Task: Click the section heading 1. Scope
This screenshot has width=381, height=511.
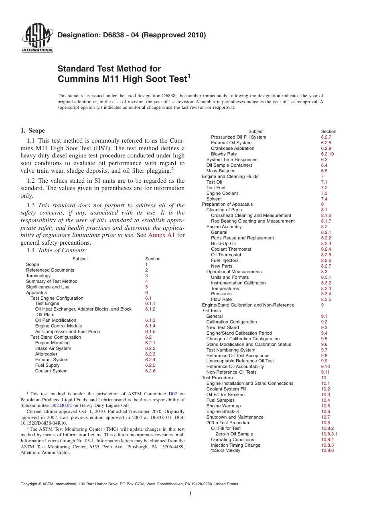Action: click(x=32, y=131)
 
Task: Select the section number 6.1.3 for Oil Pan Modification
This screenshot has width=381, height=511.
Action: click(x=150, y=321)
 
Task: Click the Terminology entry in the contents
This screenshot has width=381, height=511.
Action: click(x=38, y=276)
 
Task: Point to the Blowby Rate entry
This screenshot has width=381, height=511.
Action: click(x=224, y=154)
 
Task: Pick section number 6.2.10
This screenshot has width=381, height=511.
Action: click(x=327, y=154)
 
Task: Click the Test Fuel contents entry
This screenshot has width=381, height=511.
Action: click(x=216, y=188)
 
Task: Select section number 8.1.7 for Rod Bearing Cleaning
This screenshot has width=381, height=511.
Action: click(x=326, y=221)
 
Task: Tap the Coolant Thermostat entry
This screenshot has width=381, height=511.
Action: click(x=231, y=249)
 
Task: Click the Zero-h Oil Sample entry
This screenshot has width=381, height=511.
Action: click(x=234, y=434)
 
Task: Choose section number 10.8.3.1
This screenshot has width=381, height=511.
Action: click(x=329, y=434)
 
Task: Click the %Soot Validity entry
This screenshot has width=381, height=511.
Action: click(x=226, y=451)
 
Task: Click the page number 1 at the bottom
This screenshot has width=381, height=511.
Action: click(x=190, y=494)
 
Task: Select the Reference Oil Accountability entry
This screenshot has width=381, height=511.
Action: click(x=235, y=366)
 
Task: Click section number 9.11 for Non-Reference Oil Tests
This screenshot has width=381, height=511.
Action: click(x=325, y=372)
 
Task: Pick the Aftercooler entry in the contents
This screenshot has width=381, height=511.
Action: click(x=46, y=354)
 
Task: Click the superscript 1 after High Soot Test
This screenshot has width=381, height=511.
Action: click(x=189, y=75)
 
